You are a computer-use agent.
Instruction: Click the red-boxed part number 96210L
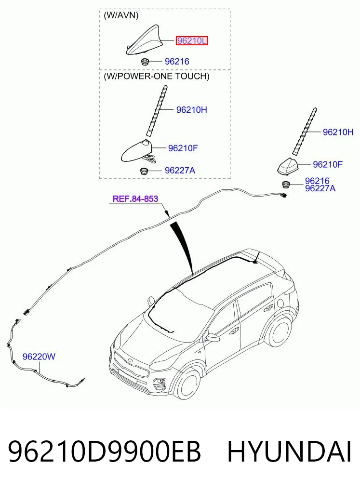pos(192,40)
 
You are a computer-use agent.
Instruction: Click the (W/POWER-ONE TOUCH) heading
pos(157,76)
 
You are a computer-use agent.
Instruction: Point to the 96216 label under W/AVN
pos(177,61)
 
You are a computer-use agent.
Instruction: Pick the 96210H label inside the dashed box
pos(191,110)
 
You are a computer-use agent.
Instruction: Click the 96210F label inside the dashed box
pos(183,148)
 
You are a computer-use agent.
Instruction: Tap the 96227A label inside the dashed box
pos(180,170)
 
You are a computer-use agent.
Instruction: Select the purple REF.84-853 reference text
pos(135,199)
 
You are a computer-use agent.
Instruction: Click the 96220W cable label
pos(39,356)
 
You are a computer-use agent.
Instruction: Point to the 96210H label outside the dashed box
pos(338,132)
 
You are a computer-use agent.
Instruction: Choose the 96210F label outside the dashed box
pos(328,164)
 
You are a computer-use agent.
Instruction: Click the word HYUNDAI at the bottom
pos(289,451)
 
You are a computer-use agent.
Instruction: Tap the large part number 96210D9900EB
pos(105,451)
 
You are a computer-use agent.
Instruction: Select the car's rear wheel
pos(279,331)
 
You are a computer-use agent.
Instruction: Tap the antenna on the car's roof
pos(257,257)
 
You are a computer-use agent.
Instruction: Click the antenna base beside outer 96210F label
pos(288,166)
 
